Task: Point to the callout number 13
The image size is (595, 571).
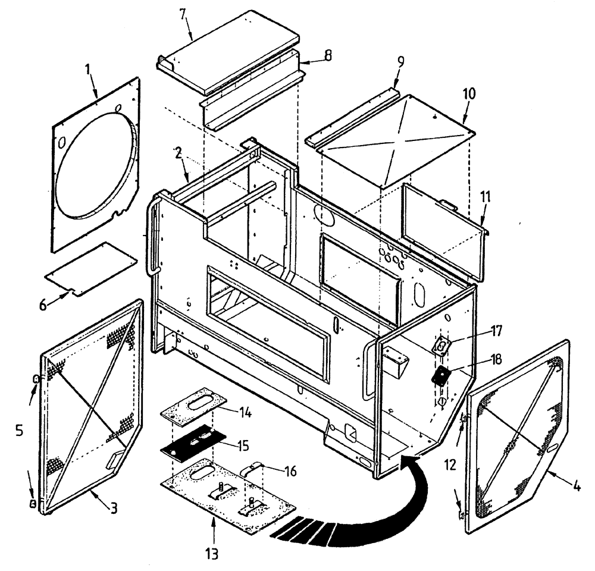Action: (x=212, y=554)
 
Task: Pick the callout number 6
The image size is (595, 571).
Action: (x=42, y=304)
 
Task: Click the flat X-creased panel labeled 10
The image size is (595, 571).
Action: (x=390, y=143)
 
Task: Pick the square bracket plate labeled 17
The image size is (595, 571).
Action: (x=442, y=345)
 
